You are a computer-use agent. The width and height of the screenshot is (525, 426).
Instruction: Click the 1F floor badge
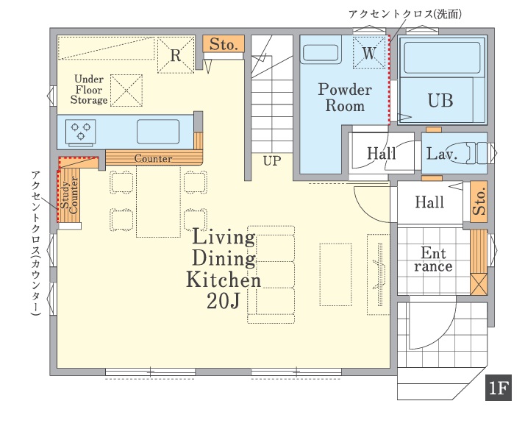click(499, 388)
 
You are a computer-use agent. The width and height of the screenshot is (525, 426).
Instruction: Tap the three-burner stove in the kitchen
click(81, 133)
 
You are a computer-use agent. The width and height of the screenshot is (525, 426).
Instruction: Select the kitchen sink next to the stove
click(157, 132)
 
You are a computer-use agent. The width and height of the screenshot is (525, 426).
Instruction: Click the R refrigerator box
click(176, 55)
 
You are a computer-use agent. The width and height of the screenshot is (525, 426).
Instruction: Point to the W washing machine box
click(369, 52)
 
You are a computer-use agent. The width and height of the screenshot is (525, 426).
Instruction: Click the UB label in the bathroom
click(440, 100)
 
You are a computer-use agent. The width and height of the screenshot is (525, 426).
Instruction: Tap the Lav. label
click(442, 154)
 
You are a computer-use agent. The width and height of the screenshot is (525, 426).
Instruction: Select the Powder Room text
click(345, 98)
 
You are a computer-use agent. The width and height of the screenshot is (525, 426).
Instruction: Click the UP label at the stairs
click(272, 161)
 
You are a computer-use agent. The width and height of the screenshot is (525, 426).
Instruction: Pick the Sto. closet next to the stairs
click(224, 44)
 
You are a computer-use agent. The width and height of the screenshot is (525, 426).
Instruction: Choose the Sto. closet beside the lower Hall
click(479, 202)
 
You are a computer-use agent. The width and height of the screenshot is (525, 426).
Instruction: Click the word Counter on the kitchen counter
click(153, 158)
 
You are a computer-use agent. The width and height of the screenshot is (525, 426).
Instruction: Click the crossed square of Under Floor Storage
click(126, 90)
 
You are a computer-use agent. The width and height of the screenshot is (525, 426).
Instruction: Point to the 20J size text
click(224, 301)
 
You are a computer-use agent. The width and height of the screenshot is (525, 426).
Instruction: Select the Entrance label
click(433, 260)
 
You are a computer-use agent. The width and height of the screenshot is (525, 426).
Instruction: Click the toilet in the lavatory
click(466, 153)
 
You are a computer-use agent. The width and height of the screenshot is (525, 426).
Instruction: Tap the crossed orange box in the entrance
click(479, 284)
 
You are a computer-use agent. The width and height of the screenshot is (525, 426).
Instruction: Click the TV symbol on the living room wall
click(380, 274)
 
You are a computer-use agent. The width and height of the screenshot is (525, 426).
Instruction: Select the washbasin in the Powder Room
click(321, 53)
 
